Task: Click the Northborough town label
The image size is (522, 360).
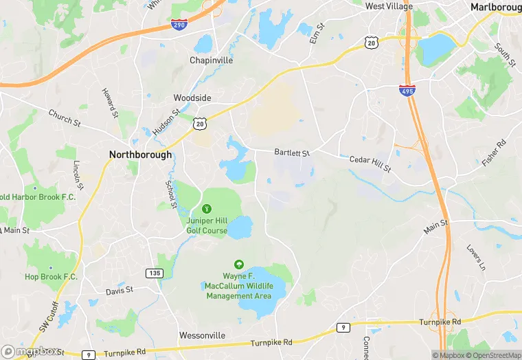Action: (x=140, y=155)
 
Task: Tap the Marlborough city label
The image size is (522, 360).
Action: (x=495, y=7)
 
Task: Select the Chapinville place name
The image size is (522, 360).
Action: (x=211, y=60)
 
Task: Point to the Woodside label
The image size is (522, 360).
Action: (x=192, y=98)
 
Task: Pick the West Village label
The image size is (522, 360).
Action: (x=389, y=6)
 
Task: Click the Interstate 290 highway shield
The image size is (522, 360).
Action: (x=180, y=24)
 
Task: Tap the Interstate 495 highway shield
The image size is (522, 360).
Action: (x=408, y=89)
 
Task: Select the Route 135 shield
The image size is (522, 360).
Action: (x=153, y=273)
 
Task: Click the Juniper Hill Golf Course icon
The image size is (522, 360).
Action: (x=207, y=208)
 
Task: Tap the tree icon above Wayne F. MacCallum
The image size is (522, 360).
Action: (x=238, y=264)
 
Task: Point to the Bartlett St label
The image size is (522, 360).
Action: (x=292, y=152)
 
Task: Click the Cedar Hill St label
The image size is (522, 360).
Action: (x=370, y=164)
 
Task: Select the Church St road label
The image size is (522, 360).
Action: (x=65, y=117)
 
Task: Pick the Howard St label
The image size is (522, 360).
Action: (x=108, y=102)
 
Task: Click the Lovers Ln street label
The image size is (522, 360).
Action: (x=475, y=257)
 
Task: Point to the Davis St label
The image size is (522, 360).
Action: (x=119, y=291)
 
